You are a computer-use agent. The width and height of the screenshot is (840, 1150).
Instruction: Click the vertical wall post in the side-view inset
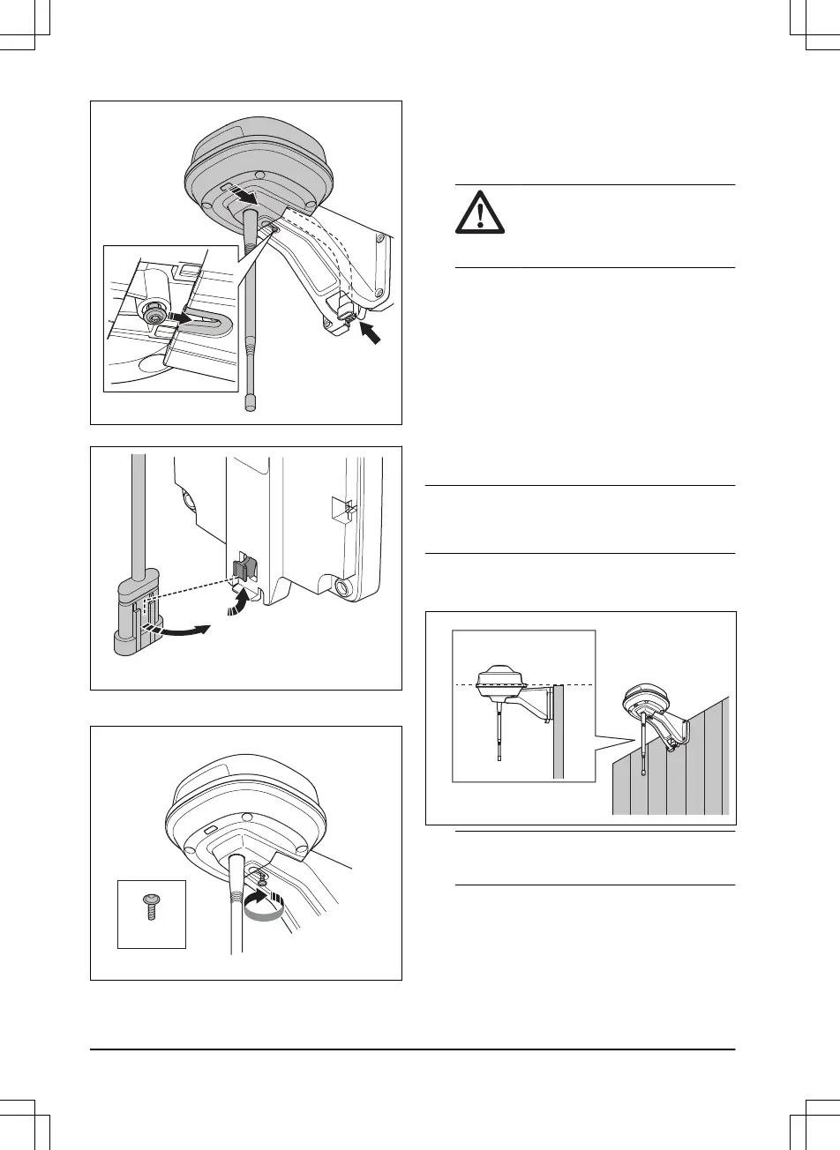pos(558,732)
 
